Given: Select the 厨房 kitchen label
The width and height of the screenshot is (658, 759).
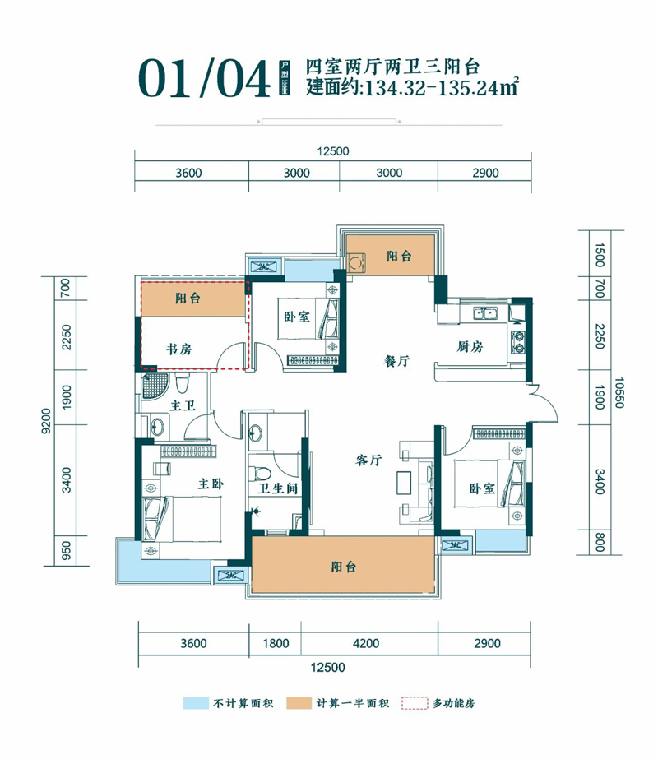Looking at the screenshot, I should click(470, 347).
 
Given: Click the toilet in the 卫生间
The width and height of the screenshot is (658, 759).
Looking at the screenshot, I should click(262, 474).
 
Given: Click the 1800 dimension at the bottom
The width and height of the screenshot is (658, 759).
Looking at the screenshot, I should click(275, 643).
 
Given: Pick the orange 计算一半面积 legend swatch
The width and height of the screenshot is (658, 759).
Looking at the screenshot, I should click(299, 703).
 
